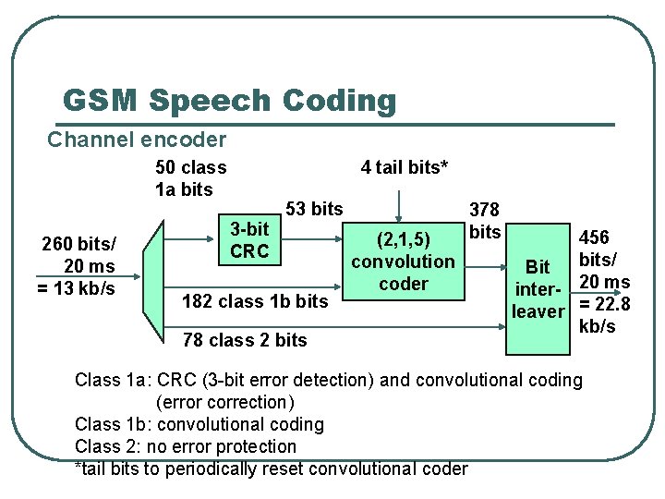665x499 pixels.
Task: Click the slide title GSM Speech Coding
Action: [229, 100]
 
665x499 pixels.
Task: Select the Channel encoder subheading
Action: [137, 140]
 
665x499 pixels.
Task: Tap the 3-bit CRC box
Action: [249, 240]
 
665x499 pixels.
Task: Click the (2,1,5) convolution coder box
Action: [404, 261]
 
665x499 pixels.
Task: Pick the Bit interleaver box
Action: [539, 289]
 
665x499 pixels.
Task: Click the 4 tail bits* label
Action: [404, 167]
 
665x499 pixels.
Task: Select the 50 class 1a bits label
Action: [190, 178]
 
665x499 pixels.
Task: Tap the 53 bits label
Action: [315, 209]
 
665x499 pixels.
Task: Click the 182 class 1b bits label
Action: [255, 301]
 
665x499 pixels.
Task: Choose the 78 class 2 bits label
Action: [245, 340]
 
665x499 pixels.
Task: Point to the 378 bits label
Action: [485, 220]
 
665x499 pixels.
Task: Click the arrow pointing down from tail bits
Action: [399, 201]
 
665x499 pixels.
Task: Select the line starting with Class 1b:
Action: [199, 424]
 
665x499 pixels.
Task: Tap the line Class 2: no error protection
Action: [186, 446]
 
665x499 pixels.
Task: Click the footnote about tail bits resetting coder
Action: [272, 469]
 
